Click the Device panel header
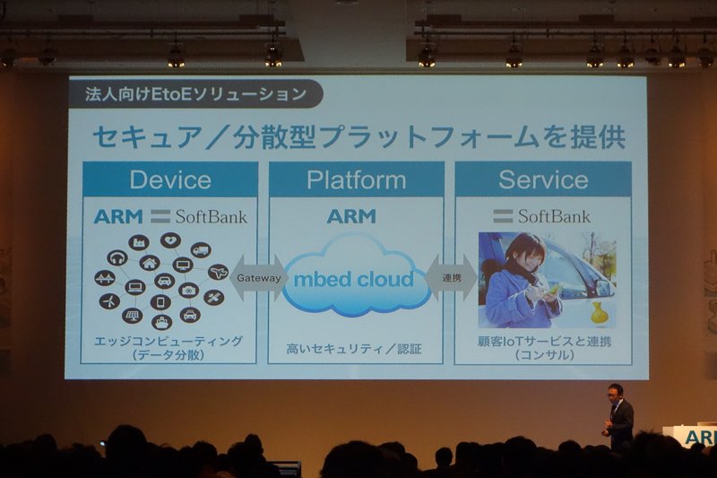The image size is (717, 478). click(x=170, y=179)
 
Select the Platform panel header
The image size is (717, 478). click(x=356, y=179)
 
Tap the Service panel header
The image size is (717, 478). click(x=543, y=179)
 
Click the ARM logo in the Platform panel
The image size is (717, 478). click(x=351, y=216)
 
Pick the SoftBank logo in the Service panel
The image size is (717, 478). click(x=542, y=216)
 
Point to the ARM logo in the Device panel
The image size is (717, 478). click(x=118, y=216)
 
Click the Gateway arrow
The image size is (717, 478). click(x=258, y=278)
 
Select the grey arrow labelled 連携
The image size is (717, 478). click(x=452, y=278)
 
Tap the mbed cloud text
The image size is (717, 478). click(x=353, y=280)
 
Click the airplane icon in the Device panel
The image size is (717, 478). click(x=218, y=272)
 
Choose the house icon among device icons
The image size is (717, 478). click(x=150, y=263)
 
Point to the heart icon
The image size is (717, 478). click(x=170, y=240)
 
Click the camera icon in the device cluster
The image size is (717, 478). click(x=188, y=291)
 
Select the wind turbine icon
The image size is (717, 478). click(x=109, y=301)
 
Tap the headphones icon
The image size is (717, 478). click(x=117, y=258)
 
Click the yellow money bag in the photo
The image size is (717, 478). click(x=600, y=313)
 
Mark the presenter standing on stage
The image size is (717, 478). click(x=618, y=417)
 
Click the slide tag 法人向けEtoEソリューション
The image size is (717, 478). click(x=195, y=94)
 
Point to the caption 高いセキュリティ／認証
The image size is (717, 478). click(x=354, y=349)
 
